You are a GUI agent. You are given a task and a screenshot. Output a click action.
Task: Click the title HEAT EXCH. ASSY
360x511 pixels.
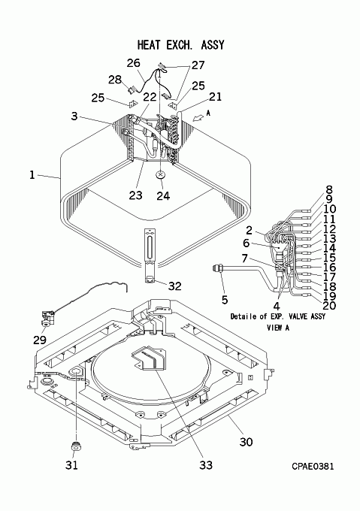tap(181, 44)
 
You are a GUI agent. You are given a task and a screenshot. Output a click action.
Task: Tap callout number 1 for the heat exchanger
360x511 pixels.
tap(32, 175)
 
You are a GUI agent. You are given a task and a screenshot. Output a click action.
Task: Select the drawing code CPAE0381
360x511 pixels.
tap(313, 466)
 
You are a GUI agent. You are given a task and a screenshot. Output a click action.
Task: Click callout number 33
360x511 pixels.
tap(206, 465)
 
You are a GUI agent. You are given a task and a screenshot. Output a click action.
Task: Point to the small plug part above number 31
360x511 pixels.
tap(77, 446)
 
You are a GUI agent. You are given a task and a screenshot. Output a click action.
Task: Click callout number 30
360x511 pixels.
tap(246, 442)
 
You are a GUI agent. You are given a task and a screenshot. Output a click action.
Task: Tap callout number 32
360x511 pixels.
tap(174, 286)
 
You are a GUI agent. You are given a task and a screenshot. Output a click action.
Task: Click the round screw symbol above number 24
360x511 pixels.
tap(160, 175)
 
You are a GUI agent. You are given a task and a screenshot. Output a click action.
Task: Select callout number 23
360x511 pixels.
tap(135, 195)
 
